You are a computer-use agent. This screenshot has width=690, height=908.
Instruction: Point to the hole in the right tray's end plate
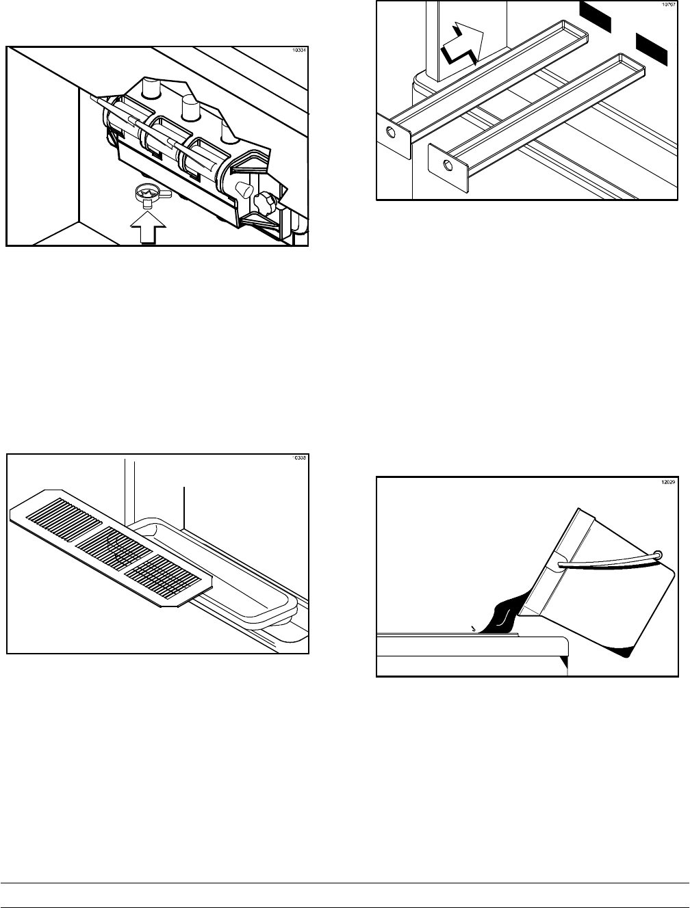click(x=447, y=165)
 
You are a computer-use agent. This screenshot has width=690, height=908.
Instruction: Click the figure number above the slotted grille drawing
click(x=299, y=458)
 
